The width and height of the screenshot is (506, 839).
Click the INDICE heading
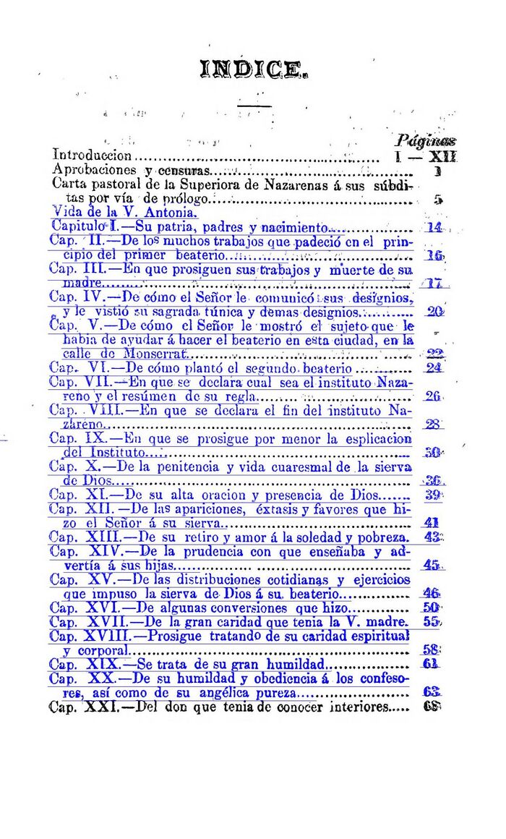[256, 70]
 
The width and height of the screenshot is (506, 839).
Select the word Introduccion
[93, 156]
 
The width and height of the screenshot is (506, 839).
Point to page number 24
[434, 367]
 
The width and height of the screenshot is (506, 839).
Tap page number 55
[432, 622]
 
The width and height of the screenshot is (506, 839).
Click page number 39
[433, 495]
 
